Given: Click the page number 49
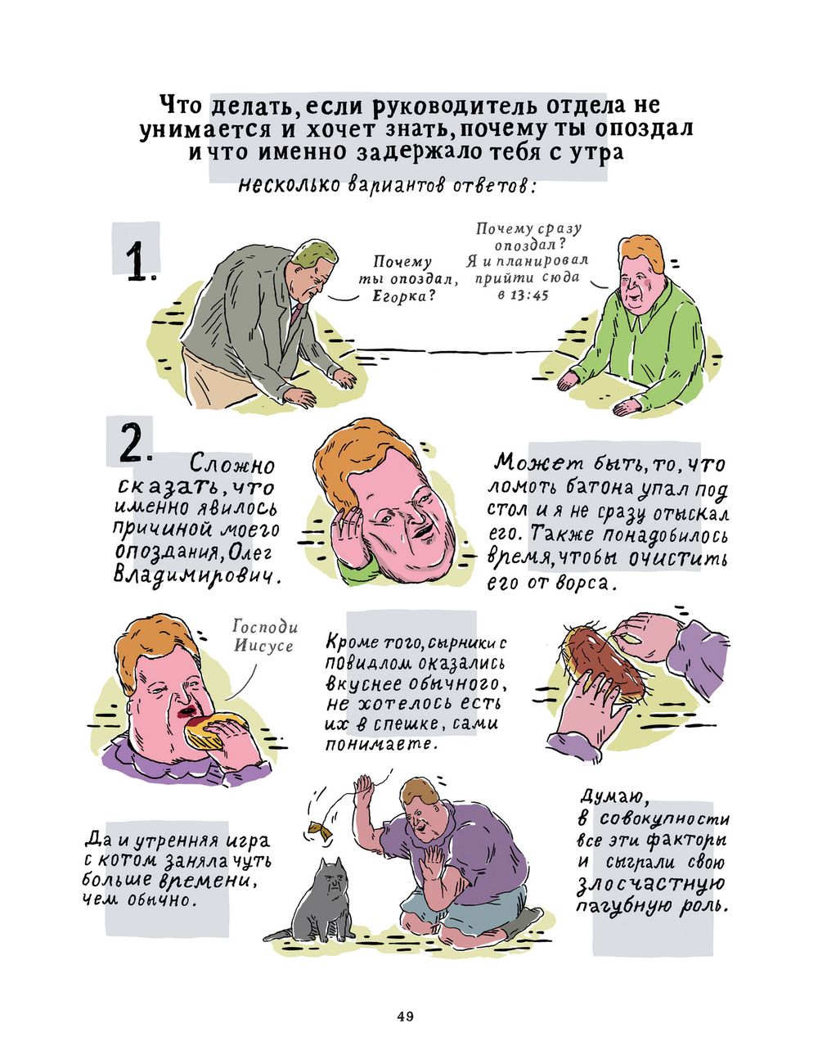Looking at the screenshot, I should [x=405, y=1017].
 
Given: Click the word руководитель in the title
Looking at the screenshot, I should [x=432, y=106].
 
